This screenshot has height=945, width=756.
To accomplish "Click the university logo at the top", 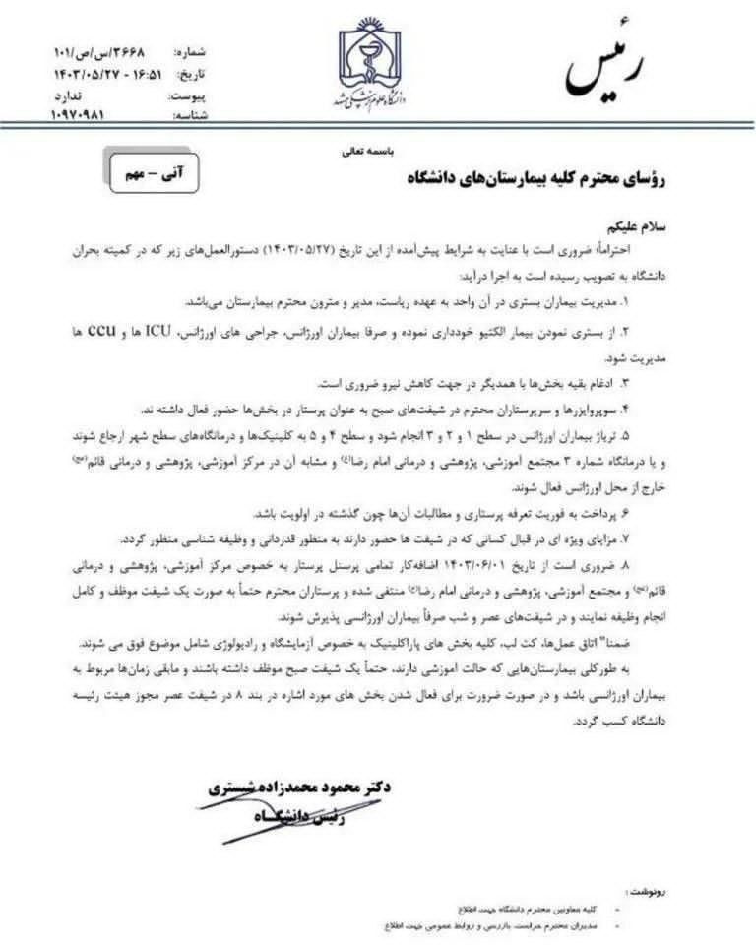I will coord(378,66).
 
